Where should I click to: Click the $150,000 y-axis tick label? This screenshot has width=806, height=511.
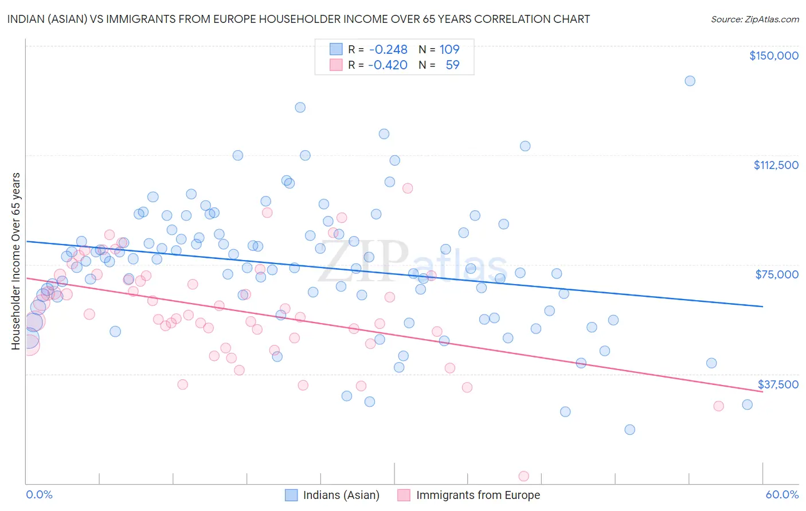click(x=773, y=56)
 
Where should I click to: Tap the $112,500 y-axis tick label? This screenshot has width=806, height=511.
click(x=776, y=165)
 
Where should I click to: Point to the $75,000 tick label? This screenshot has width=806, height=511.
click(x=777, y=274)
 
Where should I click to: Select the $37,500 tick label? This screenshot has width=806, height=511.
click(x=778, y=384)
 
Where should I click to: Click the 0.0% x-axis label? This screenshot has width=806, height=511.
click(x=39, y=494)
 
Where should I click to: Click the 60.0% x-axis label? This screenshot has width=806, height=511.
click(x=781, y=494)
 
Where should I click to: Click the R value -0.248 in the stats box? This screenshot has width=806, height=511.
click(x=388, y=50)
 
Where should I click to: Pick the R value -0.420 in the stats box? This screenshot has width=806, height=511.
click(x=388, y=65)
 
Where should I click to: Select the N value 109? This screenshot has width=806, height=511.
click(x=449, y=50)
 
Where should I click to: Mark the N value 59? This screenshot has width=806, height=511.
click(x=452, y=65)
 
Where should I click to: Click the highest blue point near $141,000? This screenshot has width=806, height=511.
click(x=690, y=81)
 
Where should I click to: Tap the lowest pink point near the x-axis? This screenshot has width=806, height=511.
click(x=523, y=476)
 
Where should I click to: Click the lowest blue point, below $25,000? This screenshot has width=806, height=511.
click(x=629, y=430)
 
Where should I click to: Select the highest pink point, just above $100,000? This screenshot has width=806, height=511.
click(x=408, y=188)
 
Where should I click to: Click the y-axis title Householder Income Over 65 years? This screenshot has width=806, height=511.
click(x=15, y=261)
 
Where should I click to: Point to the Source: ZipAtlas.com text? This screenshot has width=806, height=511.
click(x=754, y=19)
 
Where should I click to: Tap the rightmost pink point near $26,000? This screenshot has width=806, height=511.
click(x=718, y=406)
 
